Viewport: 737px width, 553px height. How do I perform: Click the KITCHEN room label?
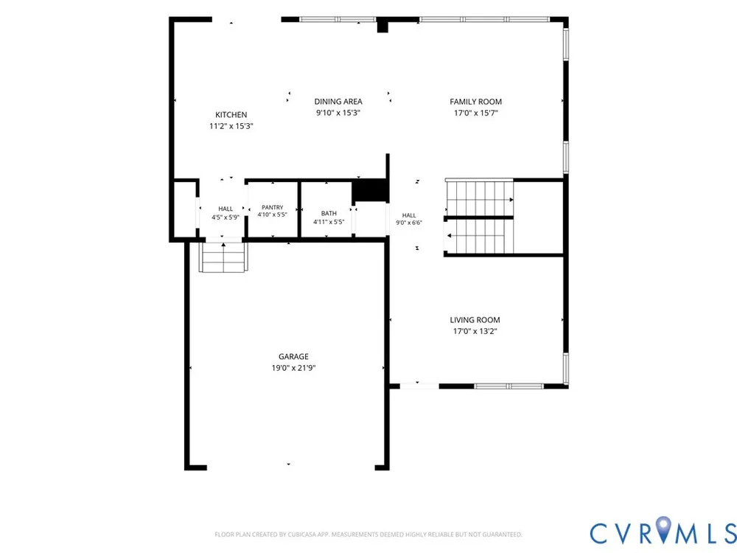[231, 115]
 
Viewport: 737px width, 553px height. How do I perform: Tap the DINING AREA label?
[338, 102]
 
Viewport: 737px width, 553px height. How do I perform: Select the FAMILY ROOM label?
[475, 102]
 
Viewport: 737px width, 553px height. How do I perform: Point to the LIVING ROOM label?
[475, 320]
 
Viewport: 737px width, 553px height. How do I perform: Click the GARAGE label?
[293, 356]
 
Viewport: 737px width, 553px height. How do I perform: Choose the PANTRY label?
[273, 207]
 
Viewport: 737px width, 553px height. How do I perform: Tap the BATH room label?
[329, 214]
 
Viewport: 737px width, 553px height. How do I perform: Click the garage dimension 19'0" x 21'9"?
[293, 368]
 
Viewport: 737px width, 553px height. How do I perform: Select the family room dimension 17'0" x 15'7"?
[475, 113]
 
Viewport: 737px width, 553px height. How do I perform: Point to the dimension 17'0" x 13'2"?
[475, 331]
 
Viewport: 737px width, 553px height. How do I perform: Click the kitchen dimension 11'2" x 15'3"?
[231, 126]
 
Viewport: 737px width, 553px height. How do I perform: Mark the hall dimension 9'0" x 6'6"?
[409, 223]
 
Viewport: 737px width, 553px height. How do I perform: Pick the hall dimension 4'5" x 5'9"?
[226, 218]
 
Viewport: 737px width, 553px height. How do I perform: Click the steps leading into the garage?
[224, 257]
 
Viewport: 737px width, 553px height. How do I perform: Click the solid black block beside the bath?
[369, 190]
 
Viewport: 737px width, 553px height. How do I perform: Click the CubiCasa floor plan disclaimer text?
[368, 535]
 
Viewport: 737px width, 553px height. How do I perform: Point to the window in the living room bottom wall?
[509, 386]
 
